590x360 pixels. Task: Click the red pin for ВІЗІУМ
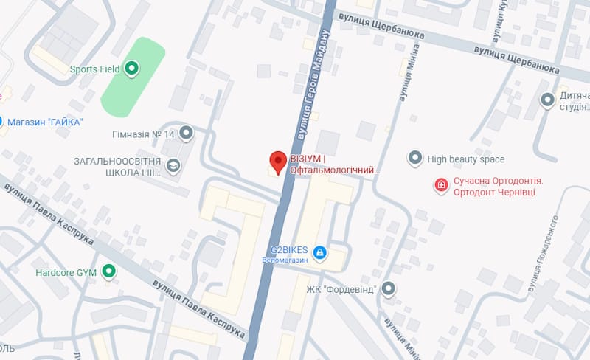click(x=277, y=161)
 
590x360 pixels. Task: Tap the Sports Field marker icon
click(x=132, y=69)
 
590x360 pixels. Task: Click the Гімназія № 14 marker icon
click(x=186, y=134)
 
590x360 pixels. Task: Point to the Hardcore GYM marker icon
click(x=109, y=272)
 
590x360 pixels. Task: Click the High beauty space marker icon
click(x=415, y=159)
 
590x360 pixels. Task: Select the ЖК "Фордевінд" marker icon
click(x=389, y=288)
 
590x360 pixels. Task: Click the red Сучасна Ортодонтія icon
click(x=441, y=185)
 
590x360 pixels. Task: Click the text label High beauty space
click(x=466, y=159)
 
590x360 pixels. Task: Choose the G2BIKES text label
click(x=288, y=249)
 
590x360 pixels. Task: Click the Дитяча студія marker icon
click(x=547, y=100)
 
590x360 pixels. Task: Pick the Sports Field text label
click(x=94, y=70)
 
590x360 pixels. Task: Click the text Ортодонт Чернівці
click(x=493, y=192)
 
